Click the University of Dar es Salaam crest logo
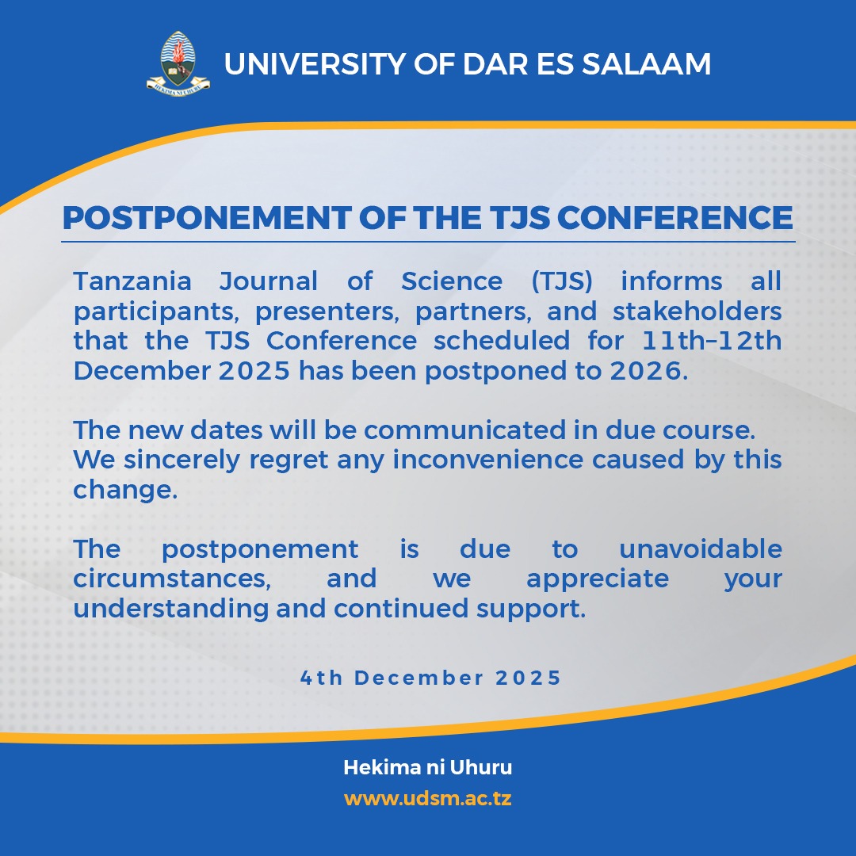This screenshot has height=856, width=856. coord(178,63)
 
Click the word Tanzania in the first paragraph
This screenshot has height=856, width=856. coord(132,281)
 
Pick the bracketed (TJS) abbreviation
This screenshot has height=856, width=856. coord(562,281)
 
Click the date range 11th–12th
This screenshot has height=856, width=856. coord(712,341)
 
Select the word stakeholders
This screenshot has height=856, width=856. coord(697,311)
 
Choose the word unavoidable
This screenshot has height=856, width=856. coord(701,548)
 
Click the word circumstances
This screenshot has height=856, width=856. coord(172,579)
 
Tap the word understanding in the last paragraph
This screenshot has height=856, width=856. coord(171,610)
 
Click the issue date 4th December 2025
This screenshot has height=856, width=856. coord(430,678)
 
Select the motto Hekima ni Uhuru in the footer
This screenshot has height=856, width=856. coord(428,767)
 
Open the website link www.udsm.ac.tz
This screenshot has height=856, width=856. coord(428,799)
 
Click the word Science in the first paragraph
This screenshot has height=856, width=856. coord(452,281)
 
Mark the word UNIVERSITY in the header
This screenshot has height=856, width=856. coord(315,64)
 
